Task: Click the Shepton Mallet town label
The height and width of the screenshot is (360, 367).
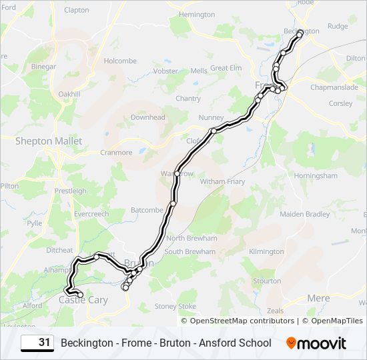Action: click(49, 141)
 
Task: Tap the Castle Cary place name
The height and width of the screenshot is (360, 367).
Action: click(83, 300)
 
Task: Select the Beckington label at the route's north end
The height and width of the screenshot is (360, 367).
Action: click(302, 31)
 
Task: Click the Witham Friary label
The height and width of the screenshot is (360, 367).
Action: click(223, 181)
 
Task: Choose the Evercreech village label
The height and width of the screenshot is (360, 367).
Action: click(91, 214)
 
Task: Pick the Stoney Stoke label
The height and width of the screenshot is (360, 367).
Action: click(175, 306)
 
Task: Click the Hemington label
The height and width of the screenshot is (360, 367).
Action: click(198, 14)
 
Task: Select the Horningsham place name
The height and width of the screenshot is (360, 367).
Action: click(316, 176)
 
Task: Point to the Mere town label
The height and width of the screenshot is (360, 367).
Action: click(318, 298)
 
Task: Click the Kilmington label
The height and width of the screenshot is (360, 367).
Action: click(266, 251)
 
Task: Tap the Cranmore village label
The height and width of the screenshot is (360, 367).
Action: click(116, 152)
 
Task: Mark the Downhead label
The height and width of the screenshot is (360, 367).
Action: click(147, 117)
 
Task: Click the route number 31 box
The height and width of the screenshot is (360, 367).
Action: click(37, 343)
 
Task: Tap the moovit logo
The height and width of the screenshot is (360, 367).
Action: click(316, 343)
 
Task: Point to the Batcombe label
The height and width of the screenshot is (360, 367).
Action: click(147, 209)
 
